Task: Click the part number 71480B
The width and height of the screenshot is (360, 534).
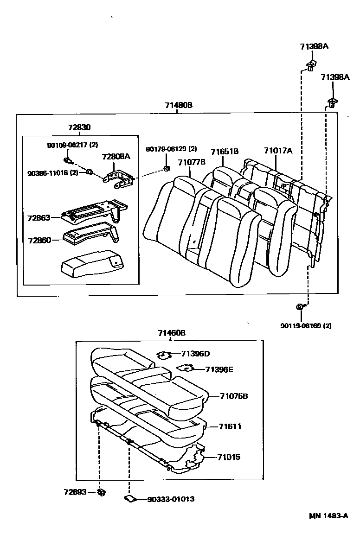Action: coord(179,106)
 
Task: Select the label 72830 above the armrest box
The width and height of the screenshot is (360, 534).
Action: coord(79,127)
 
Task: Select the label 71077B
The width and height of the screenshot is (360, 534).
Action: coord(191,162)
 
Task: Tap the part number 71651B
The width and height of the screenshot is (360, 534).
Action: coord(225,151)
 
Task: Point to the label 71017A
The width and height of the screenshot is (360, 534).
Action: coord(278,151)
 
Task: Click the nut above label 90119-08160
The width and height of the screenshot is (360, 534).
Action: coord(300,306)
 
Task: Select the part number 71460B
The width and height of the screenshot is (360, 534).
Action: coord(172,333)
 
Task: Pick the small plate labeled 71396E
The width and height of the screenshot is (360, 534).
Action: coord(185,369)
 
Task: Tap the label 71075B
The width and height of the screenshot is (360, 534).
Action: coord(234,396)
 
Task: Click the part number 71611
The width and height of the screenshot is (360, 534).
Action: coord(231,426)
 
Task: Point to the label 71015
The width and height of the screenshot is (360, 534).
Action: coord(229,457)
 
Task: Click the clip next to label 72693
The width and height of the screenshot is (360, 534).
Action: coord(101,492)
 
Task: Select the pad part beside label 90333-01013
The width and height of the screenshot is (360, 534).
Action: coord(129,499)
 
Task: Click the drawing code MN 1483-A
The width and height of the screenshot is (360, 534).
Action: coord(329,516)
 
